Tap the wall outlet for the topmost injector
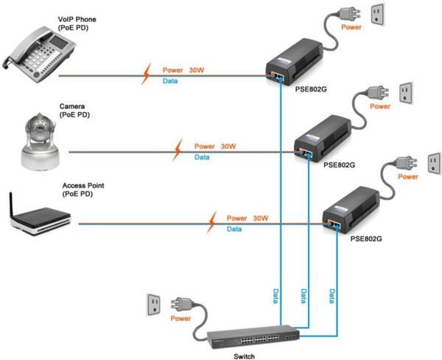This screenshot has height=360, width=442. [x=376, y=14]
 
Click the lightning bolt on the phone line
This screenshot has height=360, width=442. [x=148, y=73]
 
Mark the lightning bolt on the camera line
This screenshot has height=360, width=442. [x=177, y=150]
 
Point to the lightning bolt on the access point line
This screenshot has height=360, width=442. [x=211, y=220]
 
